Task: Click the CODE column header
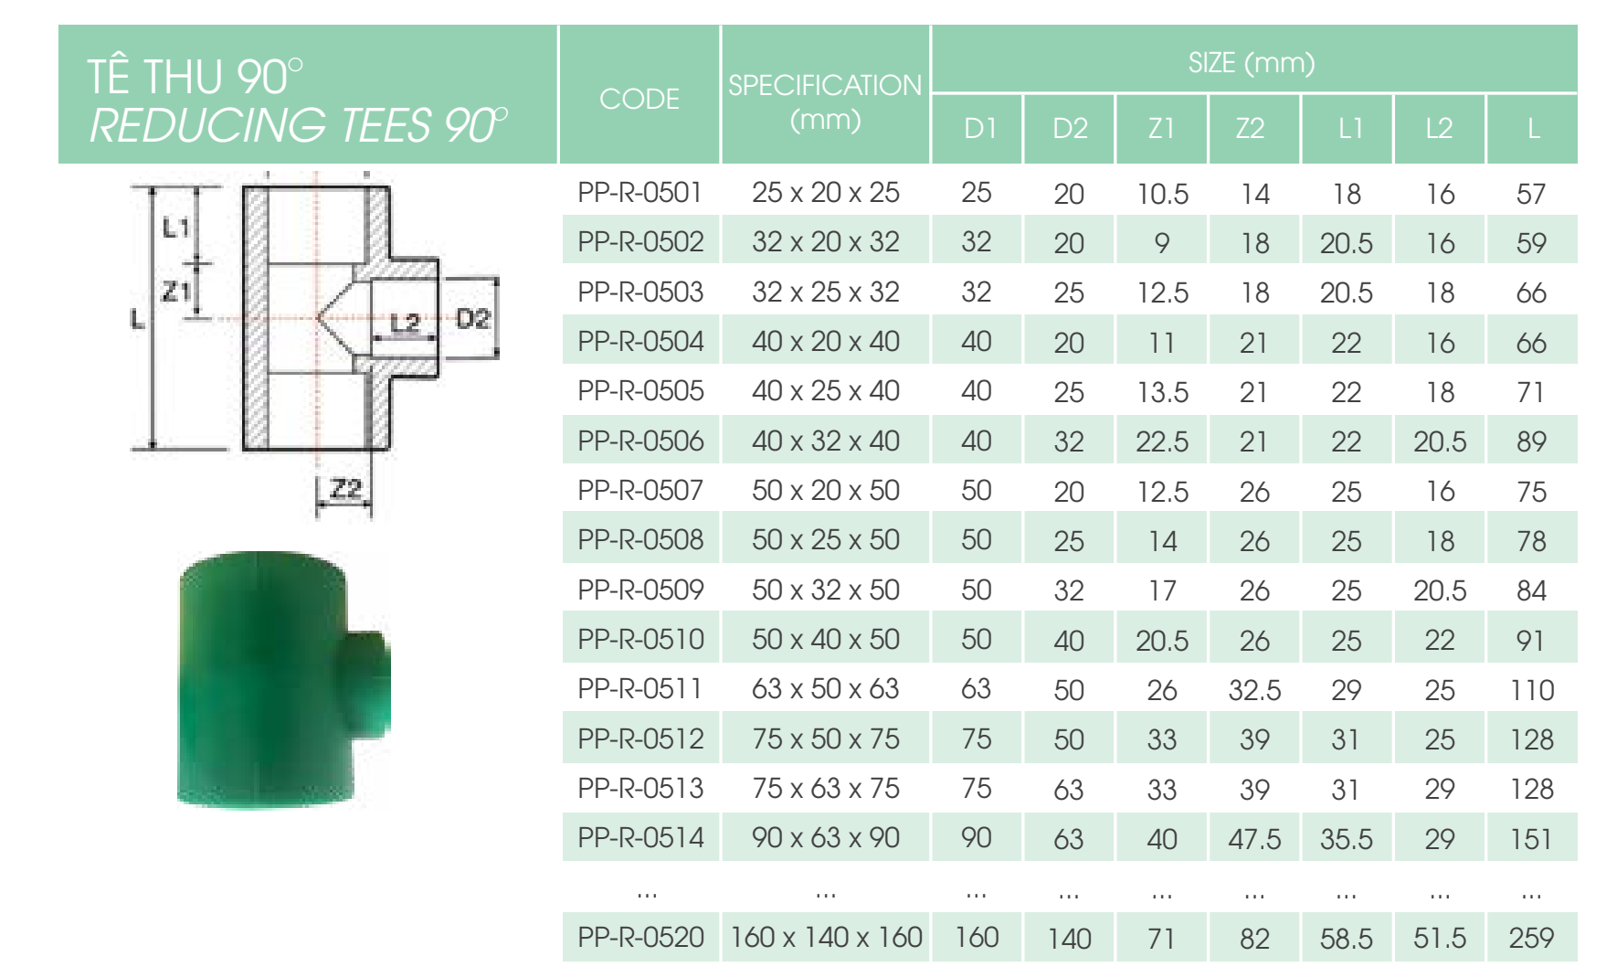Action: (639, 99)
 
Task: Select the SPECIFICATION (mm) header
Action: (825, 101)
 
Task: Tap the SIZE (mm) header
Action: (1251, 62)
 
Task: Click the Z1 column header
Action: (1161, 129)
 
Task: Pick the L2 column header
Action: (1439, 129)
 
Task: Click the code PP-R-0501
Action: (639, 193)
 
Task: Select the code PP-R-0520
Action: (640, 938)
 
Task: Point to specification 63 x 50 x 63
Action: (825, 689)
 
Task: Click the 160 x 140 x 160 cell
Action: (826, 938)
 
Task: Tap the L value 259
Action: (1530, 938)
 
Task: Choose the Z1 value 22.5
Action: (1161, 441)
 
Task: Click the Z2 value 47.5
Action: (1253, 839)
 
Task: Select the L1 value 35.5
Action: (1346, 839)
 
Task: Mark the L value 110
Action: (1531, 690)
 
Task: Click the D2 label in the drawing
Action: (472, 319)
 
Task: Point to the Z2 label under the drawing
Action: (345, 489)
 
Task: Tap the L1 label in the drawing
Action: (175, 227)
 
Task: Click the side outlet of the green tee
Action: (365, 682)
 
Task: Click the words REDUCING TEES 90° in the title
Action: (298, 125)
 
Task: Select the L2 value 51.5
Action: (1439, 938)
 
